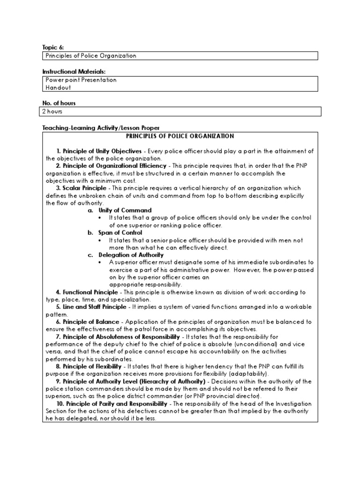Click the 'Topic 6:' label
click(x=52, y=47)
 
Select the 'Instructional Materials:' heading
click(x=74, y=71)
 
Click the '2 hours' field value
click(x=54, y=112)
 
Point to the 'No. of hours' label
click(x=59, y=103)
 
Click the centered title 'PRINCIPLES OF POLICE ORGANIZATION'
click(x=180, y=136)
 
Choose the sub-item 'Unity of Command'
click(x=125, y=210)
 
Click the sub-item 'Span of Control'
click(x=120, y=232)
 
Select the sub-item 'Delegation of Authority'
click(x=131, y=255)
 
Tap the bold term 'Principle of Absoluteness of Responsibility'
click(x=121, y=337)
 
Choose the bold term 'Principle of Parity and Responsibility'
click(x=116, y=404)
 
